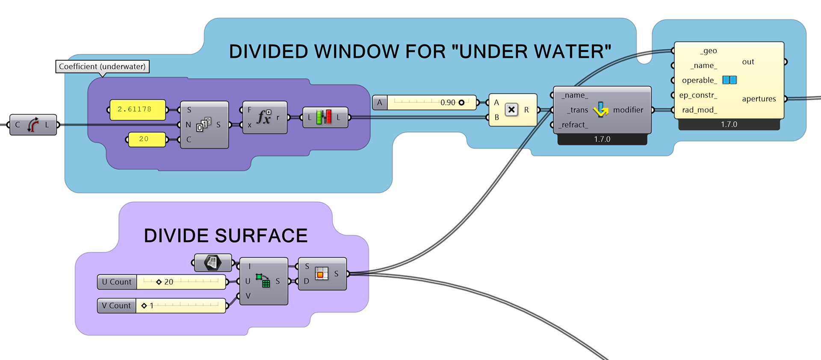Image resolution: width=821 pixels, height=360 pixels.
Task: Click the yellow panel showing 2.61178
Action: point(137,109)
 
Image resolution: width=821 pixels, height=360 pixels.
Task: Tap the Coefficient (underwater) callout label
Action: point(102,67)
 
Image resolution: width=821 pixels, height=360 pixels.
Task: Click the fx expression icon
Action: point(264,117)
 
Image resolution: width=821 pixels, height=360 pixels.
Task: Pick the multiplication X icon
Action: point(511,110)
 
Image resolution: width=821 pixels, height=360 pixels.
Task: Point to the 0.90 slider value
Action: point(448,103)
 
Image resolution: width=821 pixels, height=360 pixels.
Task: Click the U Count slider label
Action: point(117,282)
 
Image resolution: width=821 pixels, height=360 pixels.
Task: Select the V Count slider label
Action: point(116,306)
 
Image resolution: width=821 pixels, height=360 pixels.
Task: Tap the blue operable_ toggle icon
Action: point(729,80)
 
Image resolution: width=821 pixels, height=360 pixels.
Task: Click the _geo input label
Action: point(709,51)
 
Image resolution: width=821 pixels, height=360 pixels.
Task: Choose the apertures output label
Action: point(759,99)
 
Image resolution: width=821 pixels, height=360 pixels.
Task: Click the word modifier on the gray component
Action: point(628,110)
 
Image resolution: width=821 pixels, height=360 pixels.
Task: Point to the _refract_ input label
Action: point(573,125)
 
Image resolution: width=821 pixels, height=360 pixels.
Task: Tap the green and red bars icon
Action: point(324,117)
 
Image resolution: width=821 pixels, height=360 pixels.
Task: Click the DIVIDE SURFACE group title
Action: point(226,236)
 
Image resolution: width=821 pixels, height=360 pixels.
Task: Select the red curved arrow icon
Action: point(32,125)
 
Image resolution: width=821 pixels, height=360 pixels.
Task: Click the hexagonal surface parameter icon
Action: point(213,262)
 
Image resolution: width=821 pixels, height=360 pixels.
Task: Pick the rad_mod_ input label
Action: point(699,110)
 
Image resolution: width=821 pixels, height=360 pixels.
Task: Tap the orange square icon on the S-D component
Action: point(321,274)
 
